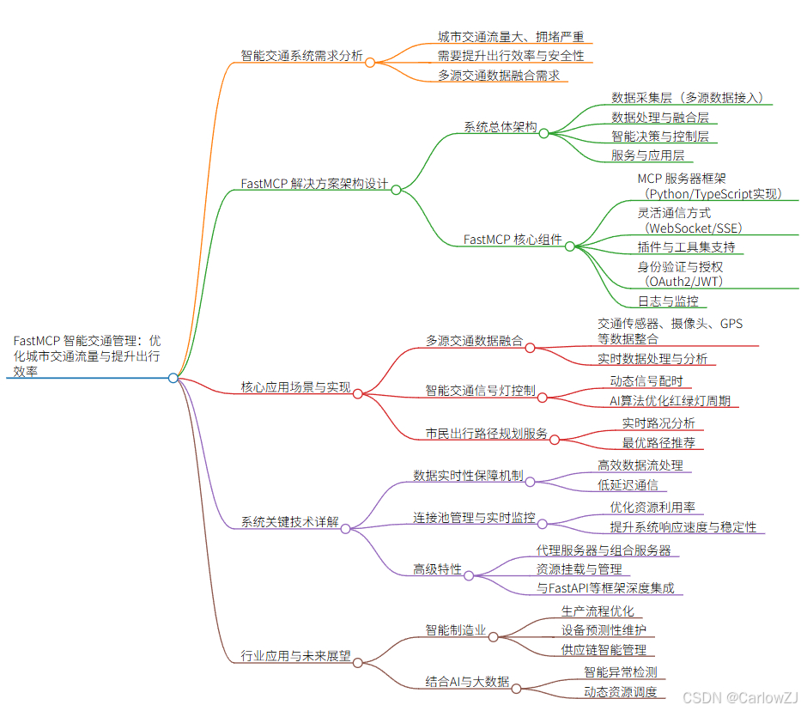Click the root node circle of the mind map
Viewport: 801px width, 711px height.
(x=173, y=378)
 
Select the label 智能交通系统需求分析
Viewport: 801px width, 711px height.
(x=301, y=58)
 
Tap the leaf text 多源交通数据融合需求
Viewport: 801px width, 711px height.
(x=498, y=76)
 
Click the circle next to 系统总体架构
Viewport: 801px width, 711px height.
(x=543, y=133)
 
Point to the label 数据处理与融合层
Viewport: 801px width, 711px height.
(x=659, y=118)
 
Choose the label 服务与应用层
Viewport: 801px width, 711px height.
(x=647, y=155)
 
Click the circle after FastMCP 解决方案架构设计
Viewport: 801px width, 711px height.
(x=396, y=190)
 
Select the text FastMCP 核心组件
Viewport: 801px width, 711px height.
(x=512, y=240)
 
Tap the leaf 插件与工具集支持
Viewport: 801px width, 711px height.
(x=686, y=247)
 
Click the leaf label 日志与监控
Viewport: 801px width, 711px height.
(x=668, y=301)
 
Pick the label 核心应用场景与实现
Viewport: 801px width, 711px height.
(x=296, y=388)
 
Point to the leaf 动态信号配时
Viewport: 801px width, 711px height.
(x=646, y=381)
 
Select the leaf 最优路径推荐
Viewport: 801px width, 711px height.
(x=658, y=443)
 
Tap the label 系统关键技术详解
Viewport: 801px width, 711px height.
(x=289, y=523)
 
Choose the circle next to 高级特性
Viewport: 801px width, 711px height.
(x=469, y=575)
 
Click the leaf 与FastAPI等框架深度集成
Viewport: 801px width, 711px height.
(x=605, y=588)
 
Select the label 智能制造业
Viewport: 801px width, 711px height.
(x=455, y=630)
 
